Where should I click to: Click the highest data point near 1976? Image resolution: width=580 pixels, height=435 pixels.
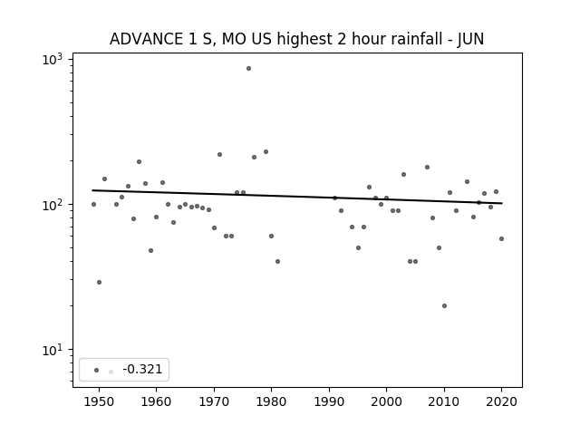pos(248,69)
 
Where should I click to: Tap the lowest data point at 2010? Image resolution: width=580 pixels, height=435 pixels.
pos(444,306)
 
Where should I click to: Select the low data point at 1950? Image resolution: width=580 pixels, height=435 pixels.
pos(99,282)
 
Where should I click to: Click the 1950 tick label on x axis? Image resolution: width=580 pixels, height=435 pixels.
pos(99,401)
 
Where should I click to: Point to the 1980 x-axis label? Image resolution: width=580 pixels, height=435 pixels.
pos(271,401)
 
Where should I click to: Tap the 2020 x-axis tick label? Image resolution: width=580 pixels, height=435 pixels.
pos(501,401)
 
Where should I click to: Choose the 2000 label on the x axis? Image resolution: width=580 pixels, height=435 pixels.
pos(386,401)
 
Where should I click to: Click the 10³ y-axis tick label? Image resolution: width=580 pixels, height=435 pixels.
pos(53,60)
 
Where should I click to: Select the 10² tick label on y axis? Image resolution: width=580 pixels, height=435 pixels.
pos(53,205)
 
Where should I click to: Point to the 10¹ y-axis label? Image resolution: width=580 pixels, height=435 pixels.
pos(53,350)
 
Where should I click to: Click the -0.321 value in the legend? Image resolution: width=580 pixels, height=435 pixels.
pos(142,369)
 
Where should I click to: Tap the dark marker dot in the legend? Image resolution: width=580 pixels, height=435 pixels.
pos(97,370)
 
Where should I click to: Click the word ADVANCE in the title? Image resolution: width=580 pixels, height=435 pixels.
pos(146,39)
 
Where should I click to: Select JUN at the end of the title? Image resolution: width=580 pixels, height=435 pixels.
pos(470,39)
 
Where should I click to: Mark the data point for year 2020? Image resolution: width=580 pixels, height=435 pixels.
pos(501,239)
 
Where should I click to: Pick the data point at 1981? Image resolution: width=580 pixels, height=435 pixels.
pos(278,262)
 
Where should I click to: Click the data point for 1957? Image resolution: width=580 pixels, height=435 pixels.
pos(139,161)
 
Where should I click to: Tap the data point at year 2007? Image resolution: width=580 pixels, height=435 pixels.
pos(427,167)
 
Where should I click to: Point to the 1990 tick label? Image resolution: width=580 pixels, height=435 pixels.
pos(329,401)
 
